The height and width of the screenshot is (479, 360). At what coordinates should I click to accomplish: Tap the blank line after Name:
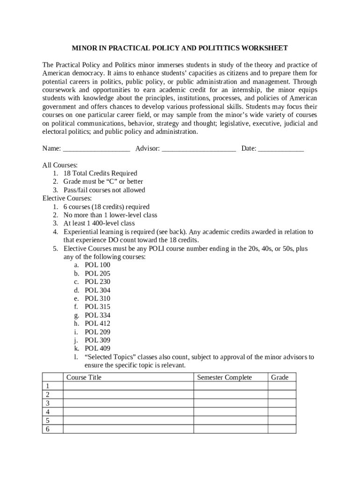click(x=96, y=149)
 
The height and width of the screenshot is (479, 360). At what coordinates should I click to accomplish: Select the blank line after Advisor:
click(x=199, y=149)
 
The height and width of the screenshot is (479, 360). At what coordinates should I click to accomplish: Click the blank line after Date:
click(x=281, y=149)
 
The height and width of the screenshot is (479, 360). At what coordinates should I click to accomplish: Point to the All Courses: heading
click(x=60, y=165)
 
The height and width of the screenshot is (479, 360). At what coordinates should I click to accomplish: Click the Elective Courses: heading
click(x=67, y=198)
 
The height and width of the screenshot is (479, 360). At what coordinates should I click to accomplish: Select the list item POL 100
click(x=97, y=265)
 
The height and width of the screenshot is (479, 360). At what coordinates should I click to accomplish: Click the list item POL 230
click(x=97, y=282)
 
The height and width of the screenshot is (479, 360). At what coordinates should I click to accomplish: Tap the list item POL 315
click(x=97, y=307)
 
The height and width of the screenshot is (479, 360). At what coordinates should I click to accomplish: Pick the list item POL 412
click(x=97, y=323)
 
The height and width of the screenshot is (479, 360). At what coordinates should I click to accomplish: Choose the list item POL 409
click(x=97, y=348)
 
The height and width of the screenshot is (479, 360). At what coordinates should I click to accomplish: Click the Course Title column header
click(x=84, y=377)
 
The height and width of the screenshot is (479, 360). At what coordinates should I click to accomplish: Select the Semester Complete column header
click(x=224, y=377)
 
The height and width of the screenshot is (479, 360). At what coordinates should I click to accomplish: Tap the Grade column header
click(x=280, y=377)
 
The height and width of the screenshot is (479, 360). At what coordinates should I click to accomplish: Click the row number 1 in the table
click(x=47, y=386)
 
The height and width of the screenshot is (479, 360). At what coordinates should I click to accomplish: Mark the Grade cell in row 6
click(x=281, y=429)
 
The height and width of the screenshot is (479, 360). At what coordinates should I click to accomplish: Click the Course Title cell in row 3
click(x=128, y=403)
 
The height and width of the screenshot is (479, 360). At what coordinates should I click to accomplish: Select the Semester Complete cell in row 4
click(x=230, y=412)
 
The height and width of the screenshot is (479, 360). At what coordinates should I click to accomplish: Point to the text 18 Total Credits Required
click(x=100, y=174)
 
